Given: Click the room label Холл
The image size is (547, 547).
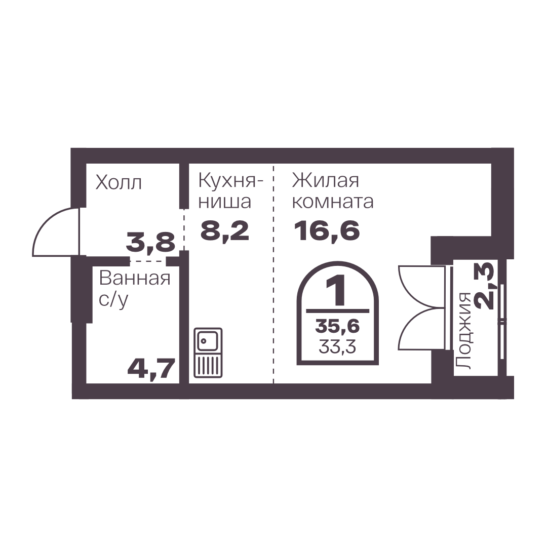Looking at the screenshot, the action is point(119,182).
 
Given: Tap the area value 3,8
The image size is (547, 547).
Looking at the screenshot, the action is point(150,243).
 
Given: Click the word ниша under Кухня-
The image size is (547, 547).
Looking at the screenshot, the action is point(225,202).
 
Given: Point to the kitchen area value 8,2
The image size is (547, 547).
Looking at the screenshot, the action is point(225,230).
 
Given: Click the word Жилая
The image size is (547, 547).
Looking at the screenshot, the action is point(326,181).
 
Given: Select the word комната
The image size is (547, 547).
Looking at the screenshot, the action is point(333,202).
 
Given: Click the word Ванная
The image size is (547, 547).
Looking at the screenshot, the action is point(135,279).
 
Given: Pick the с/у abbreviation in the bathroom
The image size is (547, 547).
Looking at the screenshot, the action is point(113,300).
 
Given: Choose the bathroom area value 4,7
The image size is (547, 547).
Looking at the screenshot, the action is point(151,369).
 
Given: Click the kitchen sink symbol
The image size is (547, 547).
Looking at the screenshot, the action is point(208,353).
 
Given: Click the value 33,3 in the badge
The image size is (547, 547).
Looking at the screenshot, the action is point(337,347).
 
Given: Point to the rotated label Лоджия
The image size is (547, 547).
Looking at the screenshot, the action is point(464,331).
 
